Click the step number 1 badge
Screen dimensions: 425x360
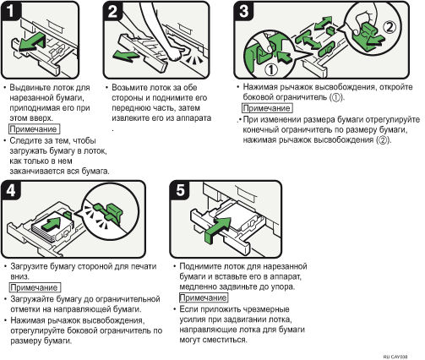pyautogui.click(x=11, y=11)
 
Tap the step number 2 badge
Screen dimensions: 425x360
pyautogui.click(x=112, y=11)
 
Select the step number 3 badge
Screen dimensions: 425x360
pyautogui.click(x=243, y=11)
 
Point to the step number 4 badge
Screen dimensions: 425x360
pyautogui.click(x=11, y=190)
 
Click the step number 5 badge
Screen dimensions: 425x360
pyautogui.click(x=180, y=190)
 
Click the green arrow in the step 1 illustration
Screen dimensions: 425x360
pyautogui.click(x=31, y=41)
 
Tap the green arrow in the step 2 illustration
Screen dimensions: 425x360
pyautogui.click(x=126, y=55)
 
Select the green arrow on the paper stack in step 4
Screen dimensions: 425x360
pyautogui.click(x=52, y=223)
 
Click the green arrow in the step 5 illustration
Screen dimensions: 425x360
pyautogui.click(x=219, y=229)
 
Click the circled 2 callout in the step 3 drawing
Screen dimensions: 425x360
pyautogui.click(x=390, y=28)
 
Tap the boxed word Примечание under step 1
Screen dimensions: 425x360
pyautogui.click(x=34, y=129)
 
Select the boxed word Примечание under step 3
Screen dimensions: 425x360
pyautogui.click(x=267, y=108)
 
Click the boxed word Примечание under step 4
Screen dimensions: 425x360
pyautogui.click(x=35, y=287)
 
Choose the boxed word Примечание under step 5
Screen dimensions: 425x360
pyautogui.click(x=203, y=297)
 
